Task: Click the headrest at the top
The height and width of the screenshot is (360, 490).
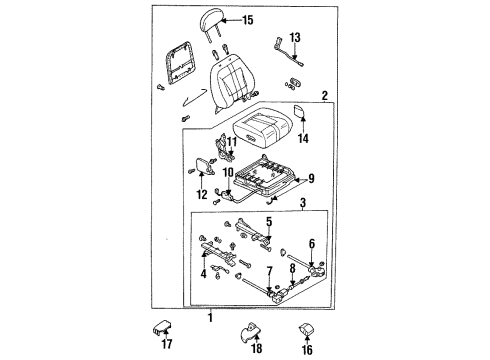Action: pyautogui.click(x=211, y=21)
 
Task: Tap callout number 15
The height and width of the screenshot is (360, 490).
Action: pyautogui.click(x=248, y=20)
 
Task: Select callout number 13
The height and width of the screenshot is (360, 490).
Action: pyautogui.click(x=295, y=38)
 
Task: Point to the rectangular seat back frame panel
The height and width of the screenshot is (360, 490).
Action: pyautogui.click(x=178, y=63)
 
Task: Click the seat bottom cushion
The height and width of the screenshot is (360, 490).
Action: pyautogui.click(x=262, y=126)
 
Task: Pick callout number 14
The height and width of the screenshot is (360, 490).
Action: pyautogui.click(x=303, y=138)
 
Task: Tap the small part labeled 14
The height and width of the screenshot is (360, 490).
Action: pyautogui.click(x=299, y=112)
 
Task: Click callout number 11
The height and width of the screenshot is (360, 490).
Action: pyautogui.click(x=232, y=142)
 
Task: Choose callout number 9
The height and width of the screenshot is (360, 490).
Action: pyautogui.click(x=311, y=179)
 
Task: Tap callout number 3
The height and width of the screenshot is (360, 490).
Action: pyautogui.click(x=303, y=202)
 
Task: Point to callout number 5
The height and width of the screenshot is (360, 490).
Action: pyautogui.click(x=269, y=222)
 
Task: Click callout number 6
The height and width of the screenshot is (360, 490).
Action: pyautogui.click(x=312, y=244)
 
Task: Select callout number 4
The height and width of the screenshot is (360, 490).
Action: pyautogui.click(x=203, y=274)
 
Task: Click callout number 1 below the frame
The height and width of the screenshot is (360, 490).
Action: pyautogui.click(x=210, y=317)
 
